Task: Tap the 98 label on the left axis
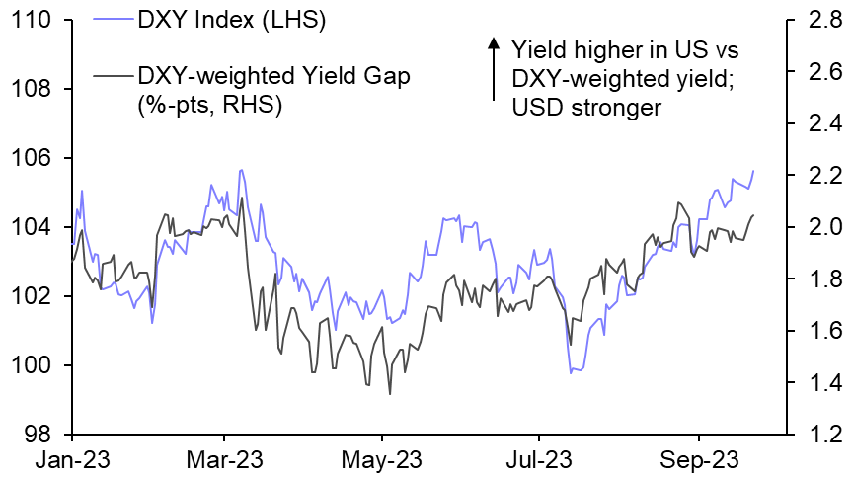click(40, 435)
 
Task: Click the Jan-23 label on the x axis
click(71, 459)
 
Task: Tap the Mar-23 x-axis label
click(224, 459)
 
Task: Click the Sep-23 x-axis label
click(698, 459)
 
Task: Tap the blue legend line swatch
click(113, 19)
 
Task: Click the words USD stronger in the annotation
click(585, 107)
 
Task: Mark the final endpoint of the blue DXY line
click(753, 171)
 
